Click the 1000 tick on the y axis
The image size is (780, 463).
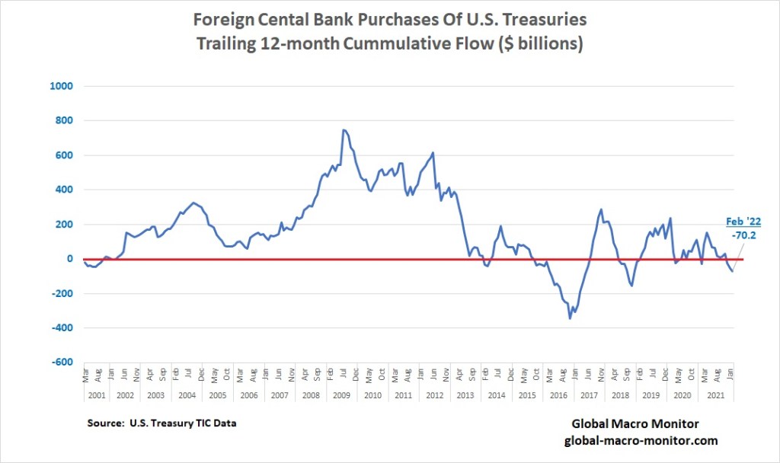tap(62, 86)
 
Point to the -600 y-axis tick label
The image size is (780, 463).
tap(62, 362)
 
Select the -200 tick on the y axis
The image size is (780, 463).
tap(62, 293)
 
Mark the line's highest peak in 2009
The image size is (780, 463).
tap(344, 130)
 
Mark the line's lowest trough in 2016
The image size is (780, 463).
tap(570, 318)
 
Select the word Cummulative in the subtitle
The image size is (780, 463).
tap(388, 43)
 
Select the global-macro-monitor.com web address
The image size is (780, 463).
tap(641, 441)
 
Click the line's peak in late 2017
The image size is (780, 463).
tap(601, 209)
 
